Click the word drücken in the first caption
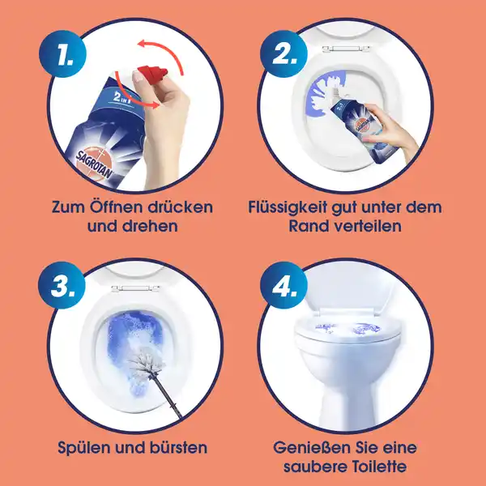click(175, 207)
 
